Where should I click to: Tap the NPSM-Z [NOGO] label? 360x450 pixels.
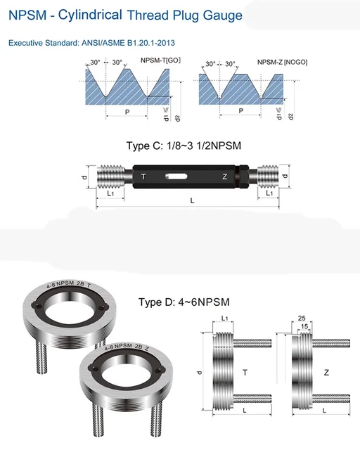pos(282,63)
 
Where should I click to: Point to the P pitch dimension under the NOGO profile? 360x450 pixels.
pos(241,111)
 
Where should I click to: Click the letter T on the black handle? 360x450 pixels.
pos(143,177)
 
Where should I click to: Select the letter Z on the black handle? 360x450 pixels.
pos(224,177)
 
